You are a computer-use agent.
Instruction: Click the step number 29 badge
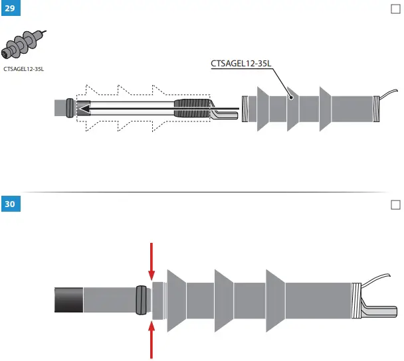click(x=11, y=11)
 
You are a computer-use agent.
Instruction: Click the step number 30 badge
click(x=11, y=204)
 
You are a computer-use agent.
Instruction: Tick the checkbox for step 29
click(x=396, y=9)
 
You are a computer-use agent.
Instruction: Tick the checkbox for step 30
click(x=396, y=204)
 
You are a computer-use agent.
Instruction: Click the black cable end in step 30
click(x=68, y=300)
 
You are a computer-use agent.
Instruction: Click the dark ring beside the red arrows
click(x=140, y=300)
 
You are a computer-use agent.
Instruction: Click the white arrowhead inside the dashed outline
click(x=84, y=108)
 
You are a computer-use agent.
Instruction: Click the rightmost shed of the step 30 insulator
click(x=275, y=300)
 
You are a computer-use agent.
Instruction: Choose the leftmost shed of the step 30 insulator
click(x=175, y=300)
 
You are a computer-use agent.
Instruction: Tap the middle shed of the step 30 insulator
click(x=223, y=300)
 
